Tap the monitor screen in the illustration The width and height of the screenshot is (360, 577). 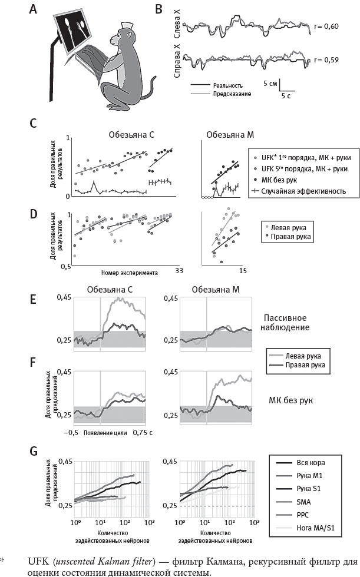coord(74,31)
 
